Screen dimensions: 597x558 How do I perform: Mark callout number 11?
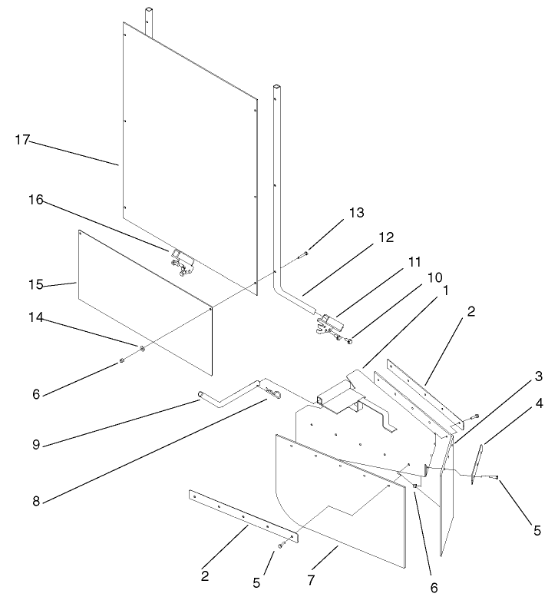(414, 262)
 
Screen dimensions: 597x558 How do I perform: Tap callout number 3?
(539, 376)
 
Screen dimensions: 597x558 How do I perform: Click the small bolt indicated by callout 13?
(304, 253)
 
